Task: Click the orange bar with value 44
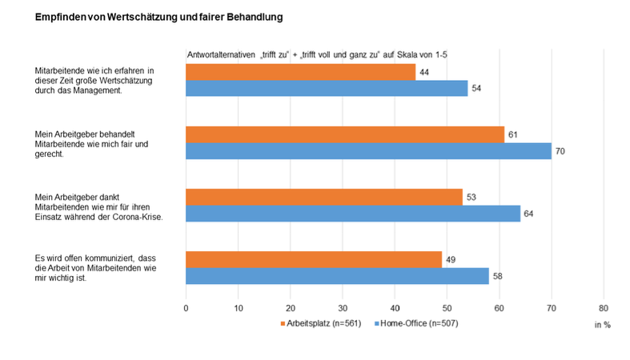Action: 300,72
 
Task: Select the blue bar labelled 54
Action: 327,88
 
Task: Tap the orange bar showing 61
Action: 345,134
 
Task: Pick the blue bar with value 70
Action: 368,150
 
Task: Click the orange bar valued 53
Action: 324,197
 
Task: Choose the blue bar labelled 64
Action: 353,213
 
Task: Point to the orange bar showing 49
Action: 314,259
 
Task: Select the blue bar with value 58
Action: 337,275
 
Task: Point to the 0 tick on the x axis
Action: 186,306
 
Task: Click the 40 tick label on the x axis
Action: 395,306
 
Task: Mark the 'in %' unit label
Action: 602,325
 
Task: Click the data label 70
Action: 560,150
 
